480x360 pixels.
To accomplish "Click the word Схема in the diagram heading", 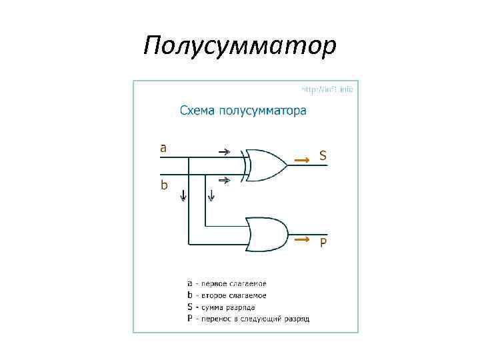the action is click(198, 111).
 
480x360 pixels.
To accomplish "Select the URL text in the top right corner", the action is click(327, 89).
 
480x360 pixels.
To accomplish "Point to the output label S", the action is click(323, 156).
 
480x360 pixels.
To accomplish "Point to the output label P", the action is click(323, 243).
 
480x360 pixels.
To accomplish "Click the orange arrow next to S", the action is click(302, 160).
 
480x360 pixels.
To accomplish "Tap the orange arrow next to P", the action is click(302, 238).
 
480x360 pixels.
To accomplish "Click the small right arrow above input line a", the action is click(225, 151).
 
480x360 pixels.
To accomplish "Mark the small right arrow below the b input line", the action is click(225, 180).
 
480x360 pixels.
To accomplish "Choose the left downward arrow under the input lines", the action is click(183, 195).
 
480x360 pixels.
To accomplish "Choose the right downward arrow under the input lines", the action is click(211, 195).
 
